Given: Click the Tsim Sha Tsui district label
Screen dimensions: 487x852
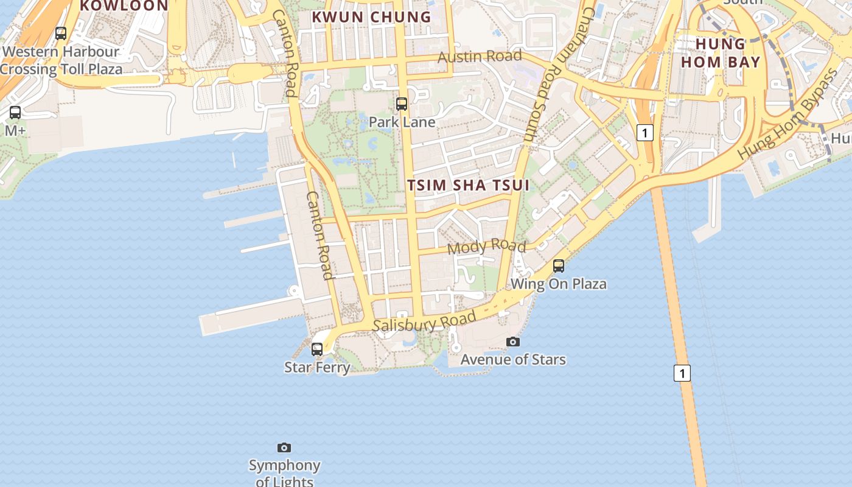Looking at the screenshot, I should coord(468,185).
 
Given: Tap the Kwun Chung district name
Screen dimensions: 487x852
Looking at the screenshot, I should coord(371,17).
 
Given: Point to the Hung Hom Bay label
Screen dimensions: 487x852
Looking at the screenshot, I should coord(721,53).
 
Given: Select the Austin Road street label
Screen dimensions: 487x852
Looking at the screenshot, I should coord(480,57).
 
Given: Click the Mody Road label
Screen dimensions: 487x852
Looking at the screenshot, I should coord(486,247).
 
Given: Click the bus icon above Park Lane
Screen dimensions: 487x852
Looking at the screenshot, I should coord(402,104).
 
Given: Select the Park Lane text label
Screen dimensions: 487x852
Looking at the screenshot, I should coord(402,122).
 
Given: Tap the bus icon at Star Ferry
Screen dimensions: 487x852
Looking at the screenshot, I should coord(317,349).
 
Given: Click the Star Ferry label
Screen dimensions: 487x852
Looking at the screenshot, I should coord(317,367).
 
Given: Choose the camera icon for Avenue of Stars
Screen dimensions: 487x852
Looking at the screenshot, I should coord(513,342).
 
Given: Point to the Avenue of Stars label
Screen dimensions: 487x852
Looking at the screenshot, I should coord(513,360).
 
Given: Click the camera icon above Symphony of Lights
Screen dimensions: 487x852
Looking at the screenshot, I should coord(284,448).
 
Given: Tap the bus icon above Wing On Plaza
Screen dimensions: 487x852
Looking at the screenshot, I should coord(559,266).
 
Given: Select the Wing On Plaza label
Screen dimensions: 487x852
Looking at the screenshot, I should coord(559,284).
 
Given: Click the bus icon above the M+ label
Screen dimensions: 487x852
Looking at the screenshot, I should coord(15,113).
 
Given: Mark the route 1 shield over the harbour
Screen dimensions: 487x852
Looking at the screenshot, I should coord(682,373).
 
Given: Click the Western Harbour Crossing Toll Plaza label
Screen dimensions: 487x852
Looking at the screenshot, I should coord(61,60).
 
